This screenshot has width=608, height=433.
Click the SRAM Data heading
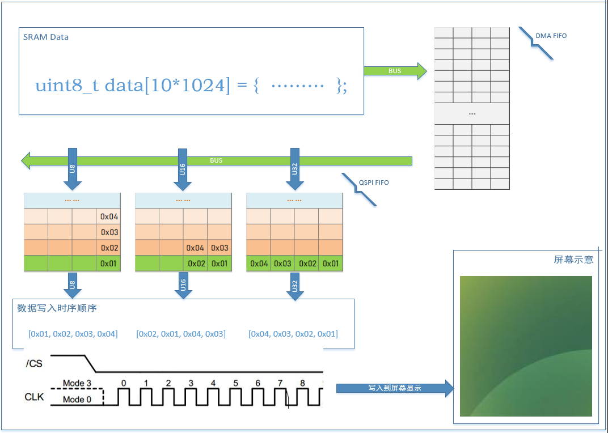click(x=46, y=37)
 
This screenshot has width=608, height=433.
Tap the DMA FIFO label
click(x=551, y=36)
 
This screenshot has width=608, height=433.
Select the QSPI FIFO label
click(x=373, y=182)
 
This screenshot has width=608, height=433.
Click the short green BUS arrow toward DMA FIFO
click(x=395, y=71)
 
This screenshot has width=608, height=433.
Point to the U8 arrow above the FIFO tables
click(x=72, y=169)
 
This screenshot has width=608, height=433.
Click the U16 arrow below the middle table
click(x=183, y=285)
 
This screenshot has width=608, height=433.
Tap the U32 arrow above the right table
click(x=295, y=169)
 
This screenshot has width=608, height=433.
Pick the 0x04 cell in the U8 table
click(x=108, y=216)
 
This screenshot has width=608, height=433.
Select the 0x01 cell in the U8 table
click(x=108, y=264)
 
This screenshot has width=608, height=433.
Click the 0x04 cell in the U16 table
click(x=195, y=248)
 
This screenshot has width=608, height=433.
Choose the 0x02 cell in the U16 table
click(x=196, y=264)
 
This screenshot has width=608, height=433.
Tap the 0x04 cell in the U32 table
click(x=259, y=264)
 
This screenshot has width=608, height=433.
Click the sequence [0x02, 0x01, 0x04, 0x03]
click(x=181, y=334)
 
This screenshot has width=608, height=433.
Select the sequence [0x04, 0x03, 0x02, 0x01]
click(x=293, y=334)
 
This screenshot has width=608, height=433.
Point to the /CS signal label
click(x=33, y=364)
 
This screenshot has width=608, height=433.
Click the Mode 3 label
click(x=77, y=383)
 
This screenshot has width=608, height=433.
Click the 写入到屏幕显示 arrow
click(x=395, y=388)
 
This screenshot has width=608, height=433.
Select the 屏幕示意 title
click(x=573, y=260)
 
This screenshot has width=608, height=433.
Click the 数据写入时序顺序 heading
click(x=57, y=308)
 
